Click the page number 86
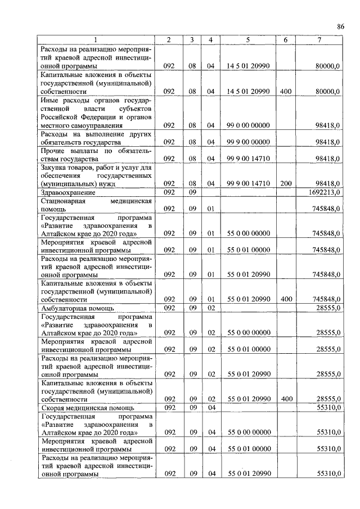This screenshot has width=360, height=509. click(340, 26)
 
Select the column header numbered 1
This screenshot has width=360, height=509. click(96, 39)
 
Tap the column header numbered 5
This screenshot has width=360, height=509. click(248, 39)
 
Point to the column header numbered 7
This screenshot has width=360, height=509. click(319, 39)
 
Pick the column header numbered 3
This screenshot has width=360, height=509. click(192, 39)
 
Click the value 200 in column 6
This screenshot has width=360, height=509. click(285, 183)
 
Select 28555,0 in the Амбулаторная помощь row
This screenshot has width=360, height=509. click(328, 308)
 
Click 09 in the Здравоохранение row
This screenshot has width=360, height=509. click(192, 192)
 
